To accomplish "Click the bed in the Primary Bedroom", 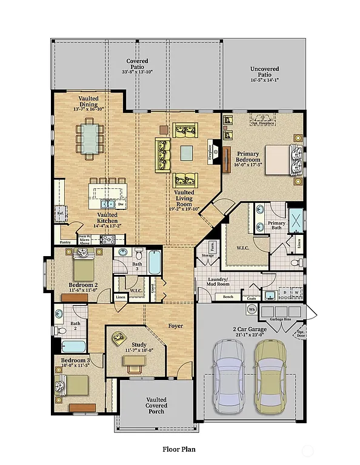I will click(x=280, y=159).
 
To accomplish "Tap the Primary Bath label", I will click(x=276, y=226).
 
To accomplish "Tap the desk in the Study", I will click(x=135, y=361).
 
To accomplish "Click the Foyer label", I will click(x=175, y=326).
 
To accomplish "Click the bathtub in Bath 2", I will click(x=74, y=346).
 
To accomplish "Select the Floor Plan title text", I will click(x=179, y=449).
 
